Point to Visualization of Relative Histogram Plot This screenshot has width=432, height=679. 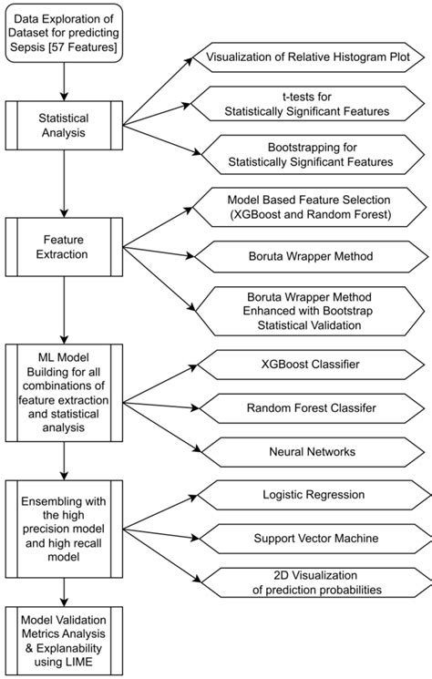pyautogui.click(x=307, y=58)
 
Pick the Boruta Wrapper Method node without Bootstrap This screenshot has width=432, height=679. pyautogui.click(x=307, y=259)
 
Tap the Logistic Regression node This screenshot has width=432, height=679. pyautogui.click(x=307, y=495)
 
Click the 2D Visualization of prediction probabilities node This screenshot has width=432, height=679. pyautogui.click(x=307, y=582)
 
